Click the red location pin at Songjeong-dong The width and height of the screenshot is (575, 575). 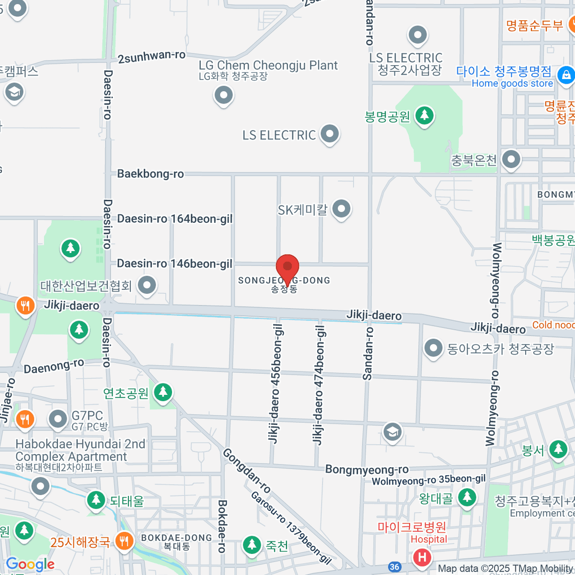pyautogui.click(x=287, y=266)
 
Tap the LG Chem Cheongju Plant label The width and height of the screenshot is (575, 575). pyautogui.click(x=268, y=65)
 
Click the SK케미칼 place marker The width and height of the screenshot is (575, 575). pyautogui.click(x=341, y=209)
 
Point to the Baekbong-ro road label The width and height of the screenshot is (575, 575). pyautogui.click(x=150, y=173)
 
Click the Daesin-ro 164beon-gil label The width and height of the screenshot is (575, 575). pyautogui.click(x=175, y=218)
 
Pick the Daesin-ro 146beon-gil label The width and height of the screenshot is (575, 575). pyautogui.click(x=175, y=264)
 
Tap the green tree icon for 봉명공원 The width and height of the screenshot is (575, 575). pyautogui.click(x=425, y=115)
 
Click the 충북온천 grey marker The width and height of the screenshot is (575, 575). pyautogui.click(x=511, y=159)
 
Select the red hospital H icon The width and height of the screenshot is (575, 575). pyautogui.click(x=422, y=557)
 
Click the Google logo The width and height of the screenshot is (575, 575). pyautogui.click(x=30, y=564)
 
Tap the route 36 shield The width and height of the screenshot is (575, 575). pyautogui.click(x=394, y=567)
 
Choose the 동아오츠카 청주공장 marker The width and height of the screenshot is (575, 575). pyautogui.click(x=434, y=348)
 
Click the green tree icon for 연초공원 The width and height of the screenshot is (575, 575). pyautogui.click(x=163, y=392)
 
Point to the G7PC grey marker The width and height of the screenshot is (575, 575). pyautogui.click(x=58, y=419)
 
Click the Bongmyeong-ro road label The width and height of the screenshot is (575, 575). pyautogui.click(x=367, y=469)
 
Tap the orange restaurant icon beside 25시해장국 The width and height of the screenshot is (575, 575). pyautogui.click(x=125, y=541)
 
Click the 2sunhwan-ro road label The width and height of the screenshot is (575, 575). pyautogui.click(x=151, y=57)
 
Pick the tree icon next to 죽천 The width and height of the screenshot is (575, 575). pyautogui.click(x=252, y=544)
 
